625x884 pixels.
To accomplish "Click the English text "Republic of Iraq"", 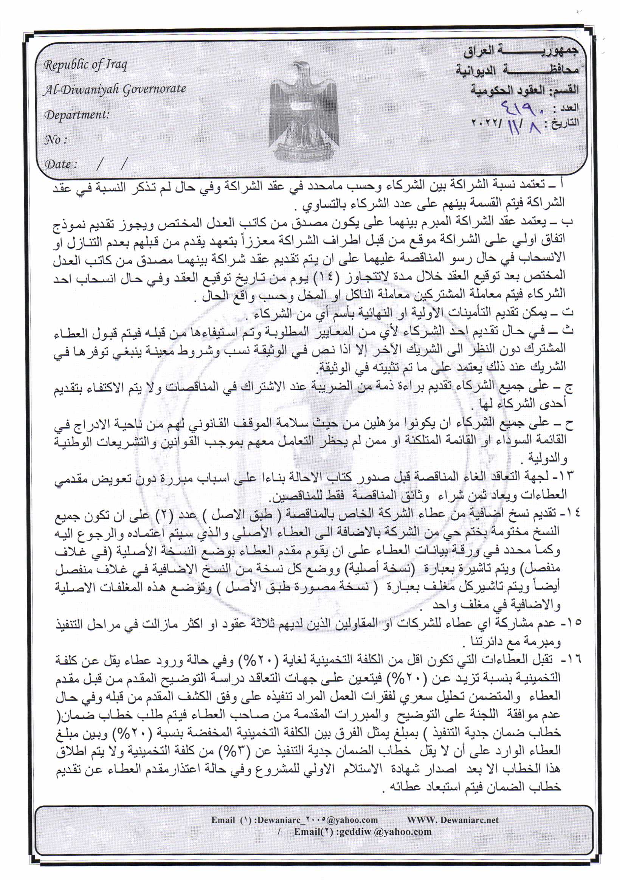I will click(85, 65).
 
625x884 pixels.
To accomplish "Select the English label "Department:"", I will click(77, 115).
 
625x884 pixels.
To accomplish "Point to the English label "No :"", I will click(56, 140).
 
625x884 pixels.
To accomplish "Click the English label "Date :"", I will click(61, 164).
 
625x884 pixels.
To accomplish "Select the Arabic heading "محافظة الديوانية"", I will click(517, 71).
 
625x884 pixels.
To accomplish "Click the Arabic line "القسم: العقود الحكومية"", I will click(524, 90).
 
